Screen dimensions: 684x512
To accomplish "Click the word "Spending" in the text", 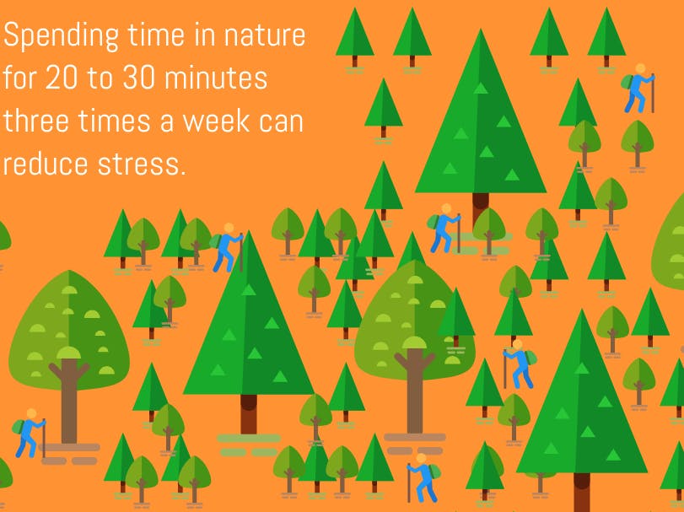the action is pos(61,36).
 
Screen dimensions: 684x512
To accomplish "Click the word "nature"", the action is pos(264,36).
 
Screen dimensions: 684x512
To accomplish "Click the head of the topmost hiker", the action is pos(640,68).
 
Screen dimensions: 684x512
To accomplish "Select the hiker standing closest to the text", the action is pos(227,248).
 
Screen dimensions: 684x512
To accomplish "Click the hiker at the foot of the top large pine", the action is pos(444,228).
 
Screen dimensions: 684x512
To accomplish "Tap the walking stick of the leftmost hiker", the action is pos(44,439).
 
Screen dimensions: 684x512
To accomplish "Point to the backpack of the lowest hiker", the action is pos(435,472).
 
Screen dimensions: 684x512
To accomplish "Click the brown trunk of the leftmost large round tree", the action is pos(69,399).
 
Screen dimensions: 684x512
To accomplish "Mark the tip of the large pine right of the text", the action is pos(481,29).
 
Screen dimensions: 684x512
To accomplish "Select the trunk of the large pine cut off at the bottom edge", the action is pos(581,493).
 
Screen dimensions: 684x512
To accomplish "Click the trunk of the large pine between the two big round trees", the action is pos(249,414).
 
